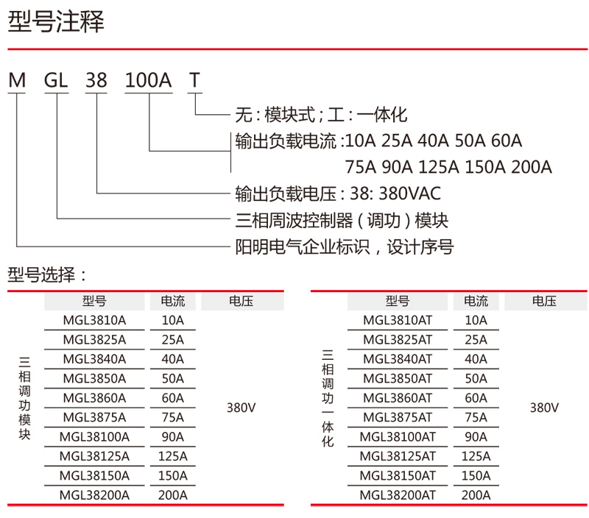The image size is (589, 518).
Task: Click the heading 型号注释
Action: coord(56,22)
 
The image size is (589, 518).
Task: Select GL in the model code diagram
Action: coord(57,80)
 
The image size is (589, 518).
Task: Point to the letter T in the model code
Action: coord(194,80)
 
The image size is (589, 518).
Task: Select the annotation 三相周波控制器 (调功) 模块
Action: coord(341,220)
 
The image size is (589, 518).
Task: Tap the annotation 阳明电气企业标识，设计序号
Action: coord(344,246)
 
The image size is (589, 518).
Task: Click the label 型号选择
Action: coord(47,276)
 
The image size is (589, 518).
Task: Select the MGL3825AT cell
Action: coord(398,339)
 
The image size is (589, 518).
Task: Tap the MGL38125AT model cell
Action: coord(398,456)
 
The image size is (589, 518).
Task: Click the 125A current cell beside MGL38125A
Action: coord(173,456)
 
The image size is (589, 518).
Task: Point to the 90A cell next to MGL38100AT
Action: coord(476,437)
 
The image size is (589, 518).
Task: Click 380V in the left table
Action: coord(241,408)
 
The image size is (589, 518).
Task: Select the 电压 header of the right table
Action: coord(544,301)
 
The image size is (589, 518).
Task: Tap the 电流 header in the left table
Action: coord(173,301)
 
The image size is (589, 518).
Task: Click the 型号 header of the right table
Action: coord(398,301)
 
